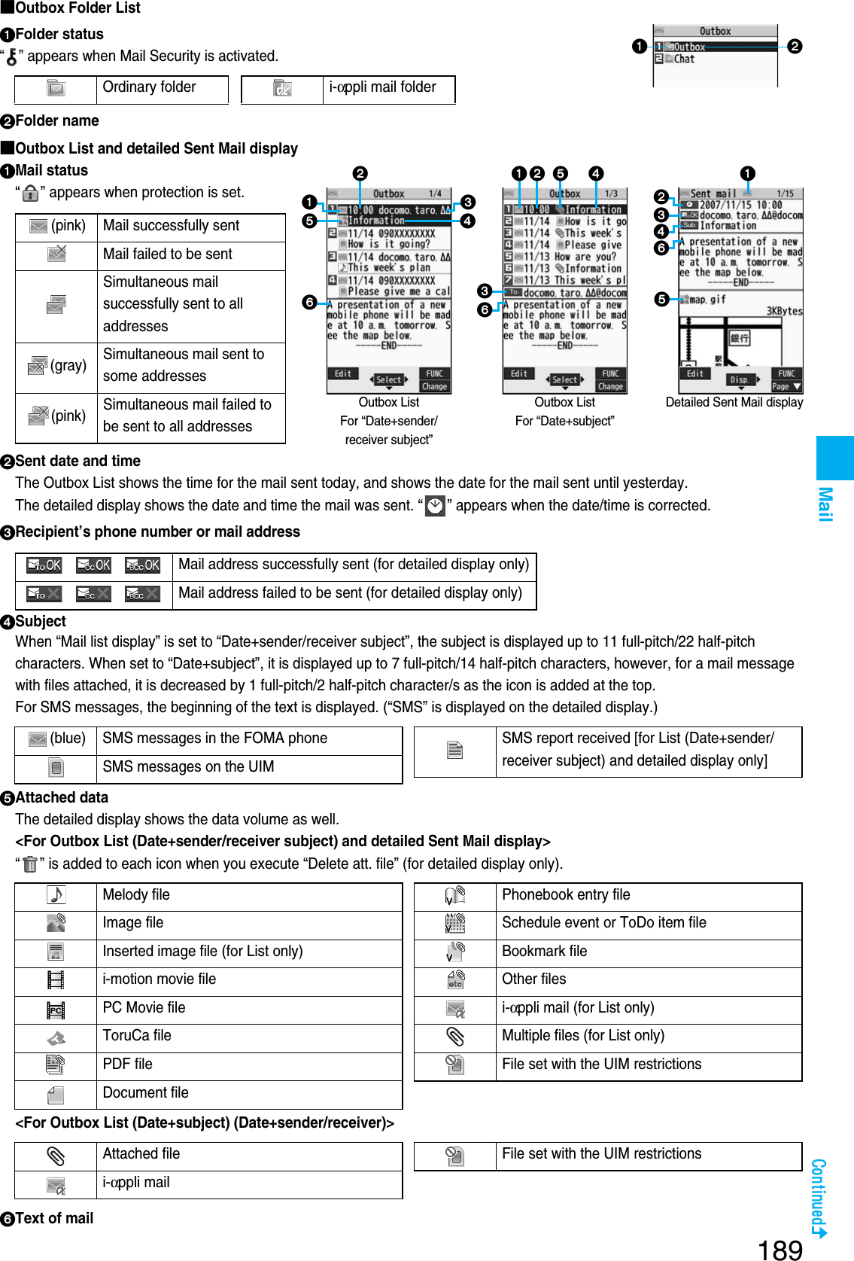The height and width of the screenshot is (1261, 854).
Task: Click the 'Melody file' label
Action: [136, 894]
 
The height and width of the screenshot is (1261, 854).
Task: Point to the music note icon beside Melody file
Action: [56, 895]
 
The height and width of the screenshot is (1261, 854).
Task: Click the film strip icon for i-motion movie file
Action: [56, 979]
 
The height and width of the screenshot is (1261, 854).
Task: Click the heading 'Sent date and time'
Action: [77, 461]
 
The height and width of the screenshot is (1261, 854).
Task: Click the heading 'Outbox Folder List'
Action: [77, 8]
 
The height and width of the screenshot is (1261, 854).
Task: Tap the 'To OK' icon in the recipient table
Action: [44, 565]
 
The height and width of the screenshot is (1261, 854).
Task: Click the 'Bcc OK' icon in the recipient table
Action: [142, 565]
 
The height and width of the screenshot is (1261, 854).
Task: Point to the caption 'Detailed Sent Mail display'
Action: [734, 402]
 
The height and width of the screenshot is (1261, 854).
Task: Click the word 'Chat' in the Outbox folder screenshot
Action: [684, 59]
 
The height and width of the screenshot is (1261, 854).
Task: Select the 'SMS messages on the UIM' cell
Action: [188, 767]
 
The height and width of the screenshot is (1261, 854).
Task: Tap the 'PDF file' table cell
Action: [127, 1064]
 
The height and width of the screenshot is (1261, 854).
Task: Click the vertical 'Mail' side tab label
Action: [825, 504]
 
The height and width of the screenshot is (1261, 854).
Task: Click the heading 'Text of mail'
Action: [54, 1218]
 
